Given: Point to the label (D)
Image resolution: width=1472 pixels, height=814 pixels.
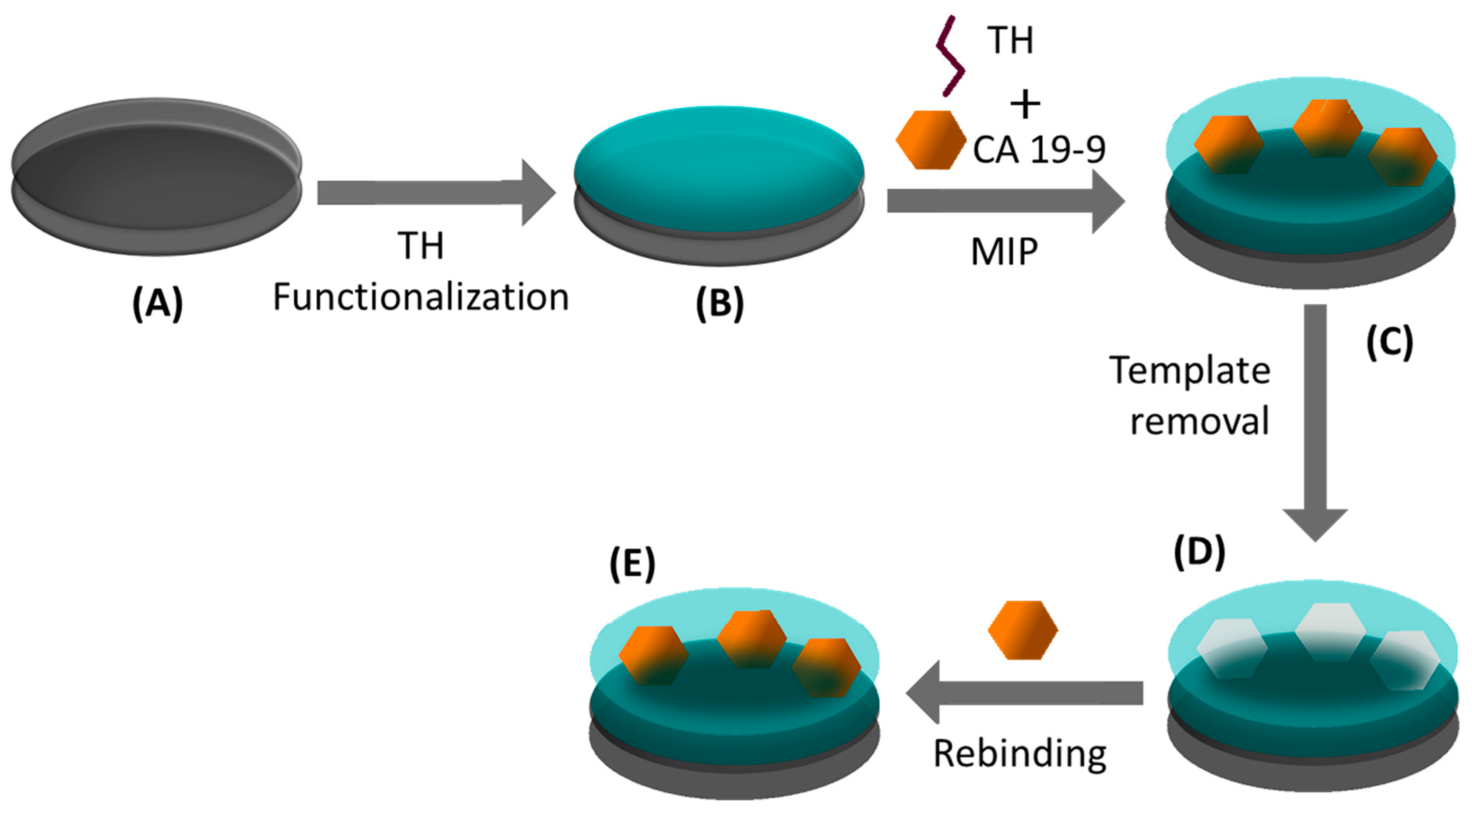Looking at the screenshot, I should pyautogui.click(x=1199, y=552).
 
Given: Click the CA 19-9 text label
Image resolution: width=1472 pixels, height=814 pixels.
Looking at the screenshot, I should pyautogui.click(x=1039, y=150).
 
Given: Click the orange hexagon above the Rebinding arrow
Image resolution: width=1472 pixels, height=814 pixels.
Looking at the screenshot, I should pyautogui.click(x=1023, y=630).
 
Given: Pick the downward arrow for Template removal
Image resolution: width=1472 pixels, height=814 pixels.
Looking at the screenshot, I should pyautogui.click(x=1315, y=423).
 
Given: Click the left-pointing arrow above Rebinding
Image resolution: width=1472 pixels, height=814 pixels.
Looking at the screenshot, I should pyautogui.click(x=1023, y=692).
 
